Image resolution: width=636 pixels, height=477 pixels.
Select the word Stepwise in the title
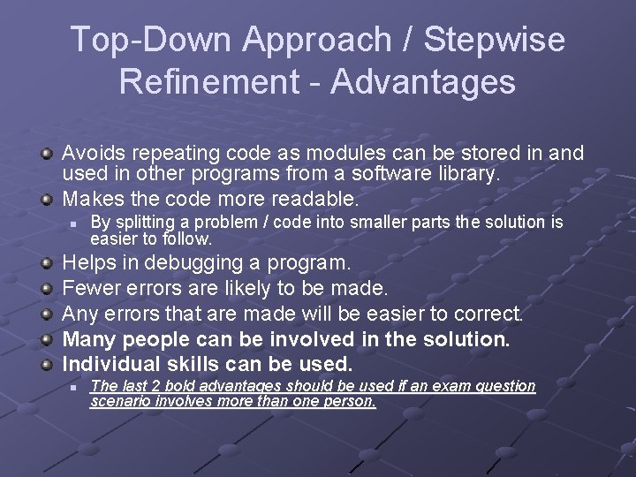pyautogui.click(x=495, y=41)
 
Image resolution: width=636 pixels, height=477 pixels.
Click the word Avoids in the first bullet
pyautogui.click(x=92, y=153)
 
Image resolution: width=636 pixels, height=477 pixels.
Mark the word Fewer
pyautogui.click(x=91, y=289)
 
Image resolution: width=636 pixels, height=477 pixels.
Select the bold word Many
pyautogui.click(x=90, y=339)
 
